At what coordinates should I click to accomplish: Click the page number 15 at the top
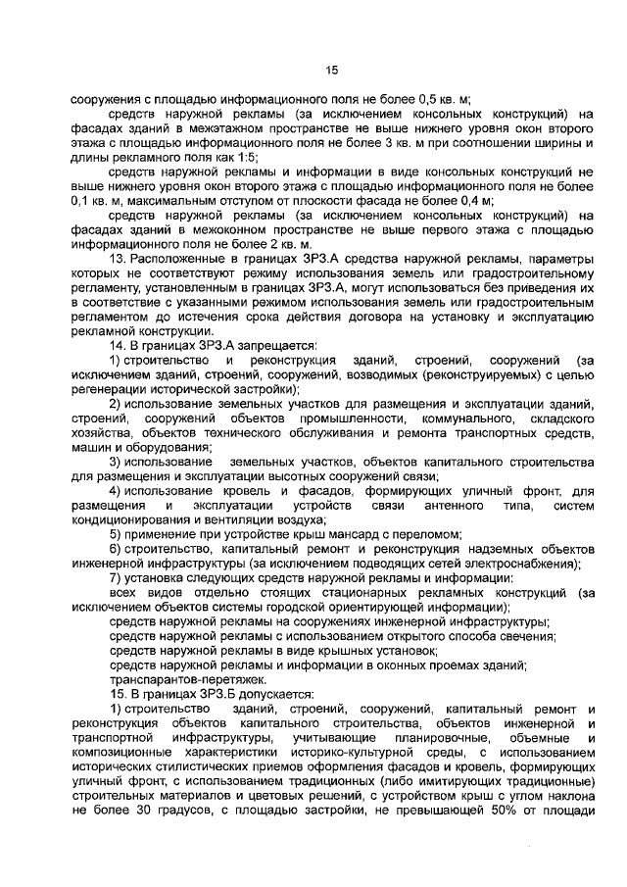pos(331,70)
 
